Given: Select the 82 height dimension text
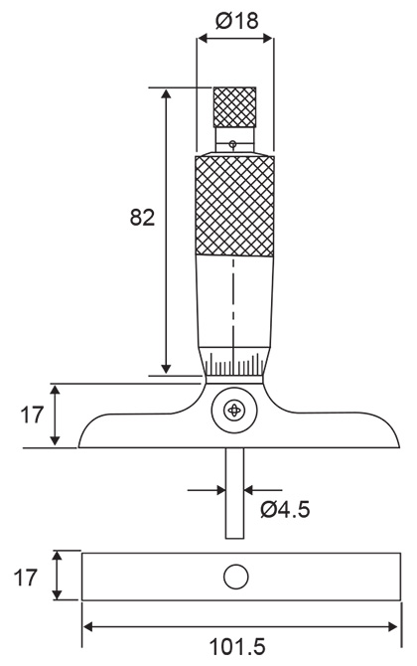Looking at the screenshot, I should click(x=142, y=219).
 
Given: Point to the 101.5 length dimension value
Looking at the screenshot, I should click(x=238, y=647).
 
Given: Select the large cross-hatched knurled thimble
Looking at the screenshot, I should click(x=234, y=207).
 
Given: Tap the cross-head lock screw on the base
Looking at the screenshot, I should click(x=234, y=410).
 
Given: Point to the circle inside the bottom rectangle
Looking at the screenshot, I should click(x=235, y=576).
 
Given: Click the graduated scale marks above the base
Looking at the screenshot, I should click(x=234, y=363).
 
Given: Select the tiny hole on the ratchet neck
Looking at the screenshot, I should click(x=232, y=145).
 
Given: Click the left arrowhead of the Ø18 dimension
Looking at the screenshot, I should click(x=203, y=39).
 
